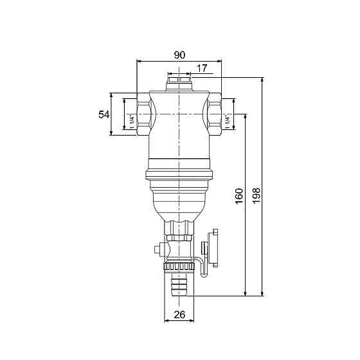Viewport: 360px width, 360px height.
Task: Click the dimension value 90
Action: point(179,55)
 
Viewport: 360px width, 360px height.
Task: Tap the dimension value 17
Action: point(202,68)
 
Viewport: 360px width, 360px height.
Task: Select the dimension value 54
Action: point(104,114)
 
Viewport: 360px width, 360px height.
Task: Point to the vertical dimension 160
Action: point(239,196)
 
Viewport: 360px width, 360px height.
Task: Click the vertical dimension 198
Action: point(256,195)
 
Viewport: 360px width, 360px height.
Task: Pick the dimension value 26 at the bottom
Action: point(179,315)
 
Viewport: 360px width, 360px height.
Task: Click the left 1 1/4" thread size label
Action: point(132,122)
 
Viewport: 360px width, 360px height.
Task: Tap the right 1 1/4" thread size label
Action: point(228,122)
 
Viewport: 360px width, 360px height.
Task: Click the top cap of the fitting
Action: point(179,84)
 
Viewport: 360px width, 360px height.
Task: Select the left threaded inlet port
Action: point(143,114)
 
